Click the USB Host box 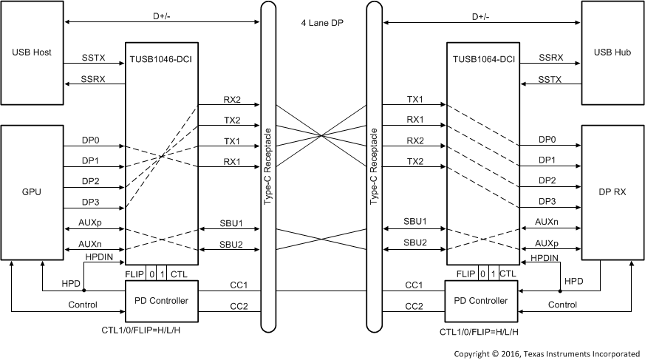[x=32, y=52]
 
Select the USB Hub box [x=612, y=52]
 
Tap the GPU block [x=32, y=191]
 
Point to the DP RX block [x=612, y=191]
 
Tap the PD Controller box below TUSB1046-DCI [x=161, y=301]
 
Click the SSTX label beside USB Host [x=95, y=57]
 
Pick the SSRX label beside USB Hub [x=550, y=57]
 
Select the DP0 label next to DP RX [x=547, y=139]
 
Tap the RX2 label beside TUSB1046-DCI [x=232, y=98]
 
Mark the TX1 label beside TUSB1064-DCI [x=414, y=98]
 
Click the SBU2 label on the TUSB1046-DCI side [x=232, y=243]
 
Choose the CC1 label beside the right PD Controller [x=414, y=285]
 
